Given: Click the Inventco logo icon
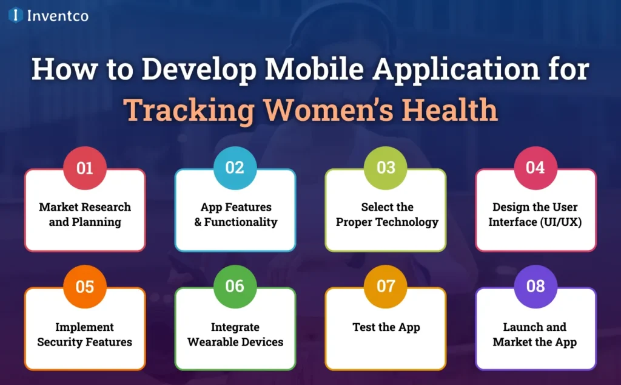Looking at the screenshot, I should pyautogui.click(x=16, y=15).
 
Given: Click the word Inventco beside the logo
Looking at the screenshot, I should pyautogui.click(x=58, y=16).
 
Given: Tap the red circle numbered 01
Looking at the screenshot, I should pyautogui.click(x=85, y=167).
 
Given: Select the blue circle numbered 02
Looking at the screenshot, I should pyautogui.click(x=235, y=167).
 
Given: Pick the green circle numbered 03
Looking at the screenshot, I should pyautogui.click(x=386, y=167).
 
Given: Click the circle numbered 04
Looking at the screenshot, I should pyautogui.click(x=535, y=167).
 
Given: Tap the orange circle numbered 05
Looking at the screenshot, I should pyautogui.click(x=85, y=286).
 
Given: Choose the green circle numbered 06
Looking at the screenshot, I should pyautogui.click(x=235, y=286).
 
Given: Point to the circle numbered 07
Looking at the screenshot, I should pyautogui.click(x=386, y=286).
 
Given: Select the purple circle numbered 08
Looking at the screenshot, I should pyautogui.click(x=535, y=286).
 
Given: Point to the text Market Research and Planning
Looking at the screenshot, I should pyautogui.click(x=85, y=214).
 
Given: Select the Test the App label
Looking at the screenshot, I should pyautogui.click(x=386, y=327).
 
